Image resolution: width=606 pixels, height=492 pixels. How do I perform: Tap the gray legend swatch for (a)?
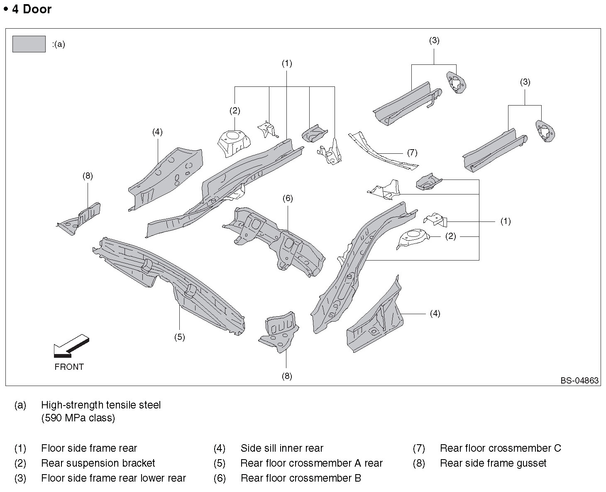[x=29, y=44]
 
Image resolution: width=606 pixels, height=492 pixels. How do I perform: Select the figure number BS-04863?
[x=579, y=380]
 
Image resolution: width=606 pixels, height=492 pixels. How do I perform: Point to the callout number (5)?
[x=179, y=337]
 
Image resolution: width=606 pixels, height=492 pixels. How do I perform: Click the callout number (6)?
[x=288, y=198]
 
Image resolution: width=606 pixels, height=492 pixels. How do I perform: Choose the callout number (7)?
[x=412, y=153]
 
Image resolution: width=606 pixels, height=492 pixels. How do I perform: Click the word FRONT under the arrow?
[x=69, y=367]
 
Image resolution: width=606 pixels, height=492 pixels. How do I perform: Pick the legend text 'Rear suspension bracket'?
[x=98, y=463]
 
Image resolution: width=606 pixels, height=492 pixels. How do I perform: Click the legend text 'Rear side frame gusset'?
[x=493, y=463]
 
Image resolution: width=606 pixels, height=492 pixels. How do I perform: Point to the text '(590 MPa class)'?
[x=78, y=418]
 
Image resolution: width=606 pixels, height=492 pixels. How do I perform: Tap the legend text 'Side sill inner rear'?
[x=282, y=448]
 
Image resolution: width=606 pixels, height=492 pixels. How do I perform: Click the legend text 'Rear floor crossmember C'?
[x=500, y=448]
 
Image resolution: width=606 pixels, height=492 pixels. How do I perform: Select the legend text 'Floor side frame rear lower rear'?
[x=113, y=478]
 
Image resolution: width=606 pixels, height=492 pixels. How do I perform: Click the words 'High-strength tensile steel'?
[x=101, y=405]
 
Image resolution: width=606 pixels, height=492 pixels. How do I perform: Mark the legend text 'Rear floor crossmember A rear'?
[x=311, y=463]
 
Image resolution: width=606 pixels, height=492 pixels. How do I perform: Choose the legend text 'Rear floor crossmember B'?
[x=301, y=478]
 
